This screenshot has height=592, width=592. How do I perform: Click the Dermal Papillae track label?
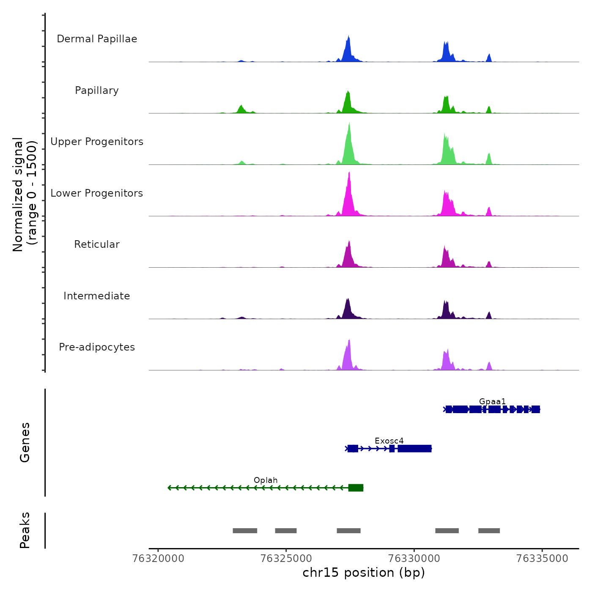97,39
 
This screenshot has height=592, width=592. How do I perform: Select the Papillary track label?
97,90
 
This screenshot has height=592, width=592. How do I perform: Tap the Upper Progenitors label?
97,142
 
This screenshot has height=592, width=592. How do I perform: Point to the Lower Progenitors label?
97,193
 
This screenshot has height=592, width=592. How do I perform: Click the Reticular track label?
97,244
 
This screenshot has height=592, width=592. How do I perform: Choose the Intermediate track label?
97,296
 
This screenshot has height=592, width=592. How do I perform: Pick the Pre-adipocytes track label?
97,347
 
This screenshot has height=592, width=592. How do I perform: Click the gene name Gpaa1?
492,401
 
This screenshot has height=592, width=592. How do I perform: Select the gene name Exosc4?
389,441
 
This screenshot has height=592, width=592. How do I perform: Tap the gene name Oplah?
266,480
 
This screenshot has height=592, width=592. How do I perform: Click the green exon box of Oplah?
356,488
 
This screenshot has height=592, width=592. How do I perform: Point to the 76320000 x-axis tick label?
159,559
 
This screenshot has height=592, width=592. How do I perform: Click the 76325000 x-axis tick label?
286,559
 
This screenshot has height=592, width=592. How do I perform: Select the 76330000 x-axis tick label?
414,559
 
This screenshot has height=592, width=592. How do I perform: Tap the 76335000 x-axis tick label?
542,559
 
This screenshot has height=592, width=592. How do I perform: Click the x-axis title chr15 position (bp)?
364,573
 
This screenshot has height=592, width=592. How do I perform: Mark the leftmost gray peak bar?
245,531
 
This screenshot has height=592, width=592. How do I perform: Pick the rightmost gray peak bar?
489,531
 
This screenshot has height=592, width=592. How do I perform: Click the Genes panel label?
25,442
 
